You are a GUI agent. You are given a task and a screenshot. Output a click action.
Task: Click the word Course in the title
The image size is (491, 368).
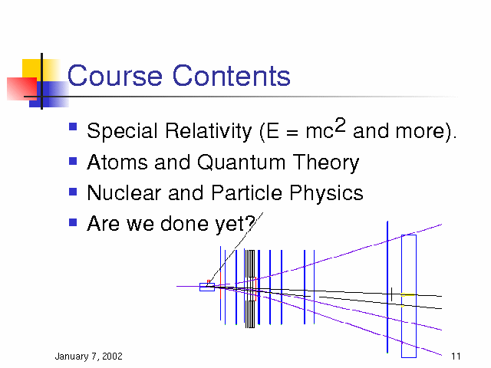(x=114, y=75)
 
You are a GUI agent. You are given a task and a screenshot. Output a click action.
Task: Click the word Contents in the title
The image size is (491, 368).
(x=232, y=75)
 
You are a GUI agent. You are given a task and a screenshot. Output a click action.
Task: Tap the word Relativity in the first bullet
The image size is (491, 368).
(x=209, y=131)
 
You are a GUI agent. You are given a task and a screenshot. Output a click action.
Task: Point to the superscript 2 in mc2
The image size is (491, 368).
(x=340, y=125)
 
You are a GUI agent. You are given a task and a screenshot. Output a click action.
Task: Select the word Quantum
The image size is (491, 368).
(x=241, y=163)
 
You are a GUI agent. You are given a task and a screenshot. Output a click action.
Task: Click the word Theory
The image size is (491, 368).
(x=325, y=163)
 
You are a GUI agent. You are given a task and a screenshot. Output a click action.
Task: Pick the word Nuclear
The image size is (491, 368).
(x=124, y=192)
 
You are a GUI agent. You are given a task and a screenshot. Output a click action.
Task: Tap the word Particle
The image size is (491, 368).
(x=247, y=192)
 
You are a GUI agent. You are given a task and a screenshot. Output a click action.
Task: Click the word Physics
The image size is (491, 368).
(x=326, y=193)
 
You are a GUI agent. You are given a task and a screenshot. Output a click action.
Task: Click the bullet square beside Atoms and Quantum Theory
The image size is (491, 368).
(x=73, y=161)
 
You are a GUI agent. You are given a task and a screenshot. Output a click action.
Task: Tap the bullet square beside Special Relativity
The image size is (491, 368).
(x=73, y=126)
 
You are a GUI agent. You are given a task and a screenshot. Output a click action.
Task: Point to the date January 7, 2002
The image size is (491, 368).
(x=89, y=356)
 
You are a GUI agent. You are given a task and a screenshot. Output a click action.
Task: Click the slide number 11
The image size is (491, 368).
(x=456, y=356)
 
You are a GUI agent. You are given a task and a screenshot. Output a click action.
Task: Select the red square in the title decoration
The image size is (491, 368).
(x=22, y=89)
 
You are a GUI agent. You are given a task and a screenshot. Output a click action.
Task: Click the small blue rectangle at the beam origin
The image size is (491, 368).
(x=207, y=287)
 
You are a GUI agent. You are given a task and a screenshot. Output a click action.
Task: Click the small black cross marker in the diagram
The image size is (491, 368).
(x=391, y=294)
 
